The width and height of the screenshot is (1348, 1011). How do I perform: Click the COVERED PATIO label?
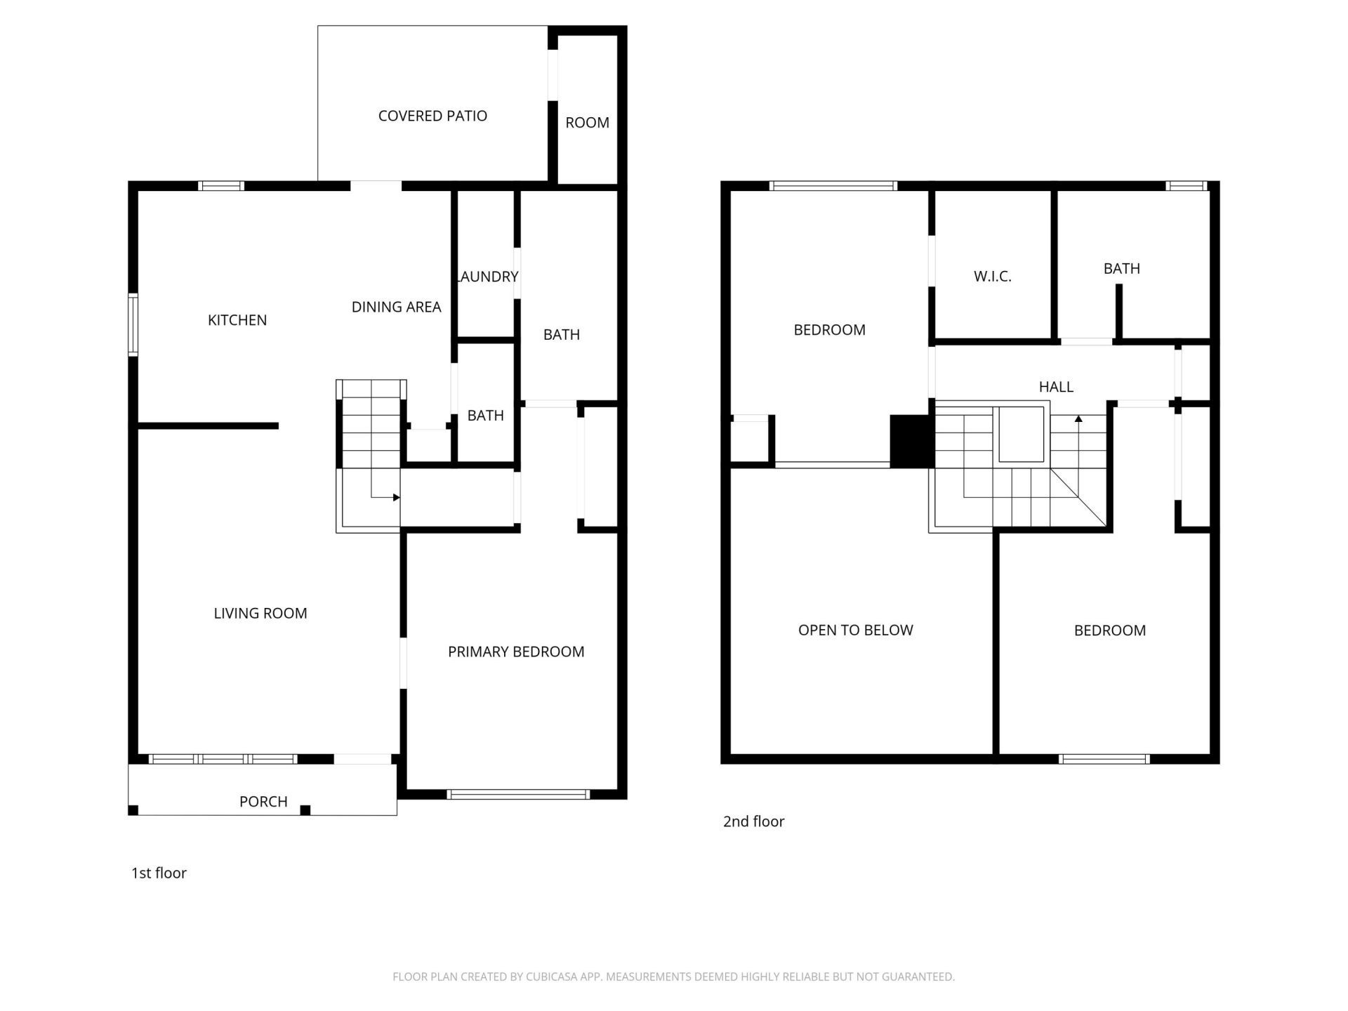[x=432, y=116]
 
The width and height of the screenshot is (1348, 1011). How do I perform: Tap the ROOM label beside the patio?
[x=587, y=123]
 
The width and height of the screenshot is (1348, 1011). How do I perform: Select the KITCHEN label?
[x=237, y=320]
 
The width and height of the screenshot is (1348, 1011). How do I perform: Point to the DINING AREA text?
[x=396, y=307]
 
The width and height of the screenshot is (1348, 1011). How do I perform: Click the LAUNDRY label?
[x=487, y=277]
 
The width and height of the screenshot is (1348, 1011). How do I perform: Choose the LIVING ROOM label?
[x=260, y=614]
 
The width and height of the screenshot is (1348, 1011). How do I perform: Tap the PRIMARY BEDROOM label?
[x=516, y=652]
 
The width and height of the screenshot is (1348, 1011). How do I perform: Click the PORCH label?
[x=263, y=802]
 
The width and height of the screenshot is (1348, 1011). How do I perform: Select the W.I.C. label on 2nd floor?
[x=992, y=277]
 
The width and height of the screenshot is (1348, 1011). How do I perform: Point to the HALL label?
[x=1056, y=387]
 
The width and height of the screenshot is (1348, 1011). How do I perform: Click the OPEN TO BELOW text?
[x=855, y=630]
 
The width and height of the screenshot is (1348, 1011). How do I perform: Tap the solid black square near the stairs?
[x=911, y=442]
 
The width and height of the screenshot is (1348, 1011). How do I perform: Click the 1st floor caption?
[x=159, y=873]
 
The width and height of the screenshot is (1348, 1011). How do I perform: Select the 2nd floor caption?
[x=753, y=821]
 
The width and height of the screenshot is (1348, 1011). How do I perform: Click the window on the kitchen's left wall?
[x=132, y=324]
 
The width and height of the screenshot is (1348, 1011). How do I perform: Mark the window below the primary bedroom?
[x=518, y=795]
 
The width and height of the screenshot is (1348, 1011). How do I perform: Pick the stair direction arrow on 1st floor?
[x=396, y=498]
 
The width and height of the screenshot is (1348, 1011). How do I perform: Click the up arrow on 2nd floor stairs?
[x=1078, y=419]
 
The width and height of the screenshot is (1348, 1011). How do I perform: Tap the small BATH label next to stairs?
[x=485, y=416]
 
